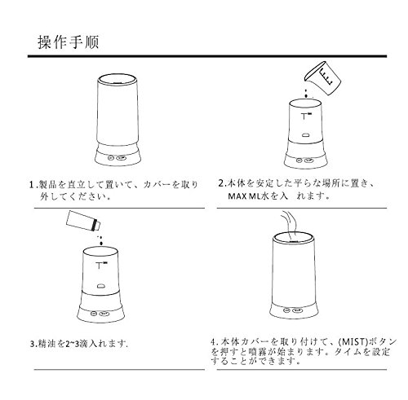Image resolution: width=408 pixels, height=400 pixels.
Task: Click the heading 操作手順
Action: (x=69, y=42)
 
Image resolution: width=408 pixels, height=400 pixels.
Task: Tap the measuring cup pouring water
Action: (x=322, y=77)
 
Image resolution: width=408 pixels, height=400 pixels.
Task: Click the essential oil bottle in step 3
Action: (x=83, y=221)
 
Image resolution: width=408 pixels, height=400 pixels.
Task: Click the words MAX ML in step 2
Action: (x=245, y=196)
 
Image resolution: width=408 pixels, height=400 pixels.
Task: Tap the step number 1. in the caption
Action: (x=33, y=185)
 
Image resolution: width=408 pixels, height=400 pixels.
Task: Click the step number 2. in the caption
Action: (x=222, y=183)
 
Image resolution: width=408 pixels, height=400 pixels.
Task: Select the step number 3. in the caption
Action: (x=33, y=344)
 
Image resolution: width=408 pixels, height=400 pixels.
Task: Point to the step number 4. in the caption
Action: (x=215, y=341)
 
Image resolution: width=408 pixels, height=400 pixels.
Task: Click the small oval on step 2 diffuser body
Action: (x=306, y=134)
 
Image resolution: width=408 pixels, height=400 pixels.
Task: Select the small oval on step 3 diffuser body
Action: (x=101, y=286)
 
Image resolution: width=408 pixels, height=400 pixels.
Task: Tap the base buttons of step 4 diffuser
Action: (x=293, y=310)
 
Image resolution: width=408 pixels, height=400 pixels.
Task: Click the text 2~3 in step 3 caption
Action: (x=71, y=344)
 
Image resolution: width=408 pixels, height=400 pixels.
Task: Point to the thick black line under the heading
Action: (x=207, y=56)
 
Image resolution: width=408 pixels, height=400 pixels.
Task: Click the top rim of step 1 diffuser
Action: (x=118, y=77)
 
